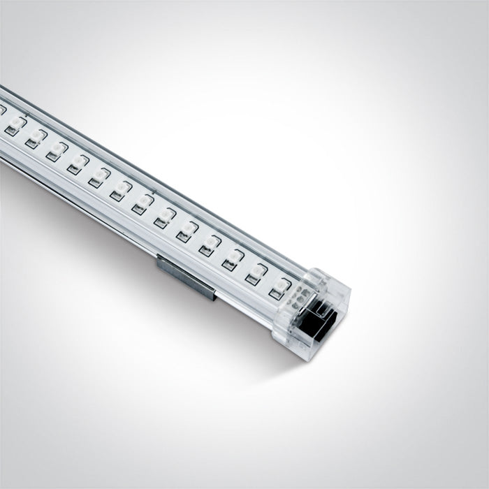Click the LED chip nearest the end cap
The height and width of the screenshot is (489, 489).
pyautogui.click(x=281, y=286)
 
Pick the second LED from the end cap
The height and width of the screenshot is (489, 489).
pyautogui.click(x=258, y=271)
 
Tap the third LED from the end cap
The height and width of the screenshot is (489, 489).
pyautogui.click(x=233, y=257)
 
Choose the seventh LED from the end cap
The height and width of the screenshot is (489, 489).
pyautogui.click(x=144, y=201)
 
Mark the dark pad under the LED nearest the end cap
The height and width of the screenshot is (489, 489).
pyautogui.click(x=277, y=293)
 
